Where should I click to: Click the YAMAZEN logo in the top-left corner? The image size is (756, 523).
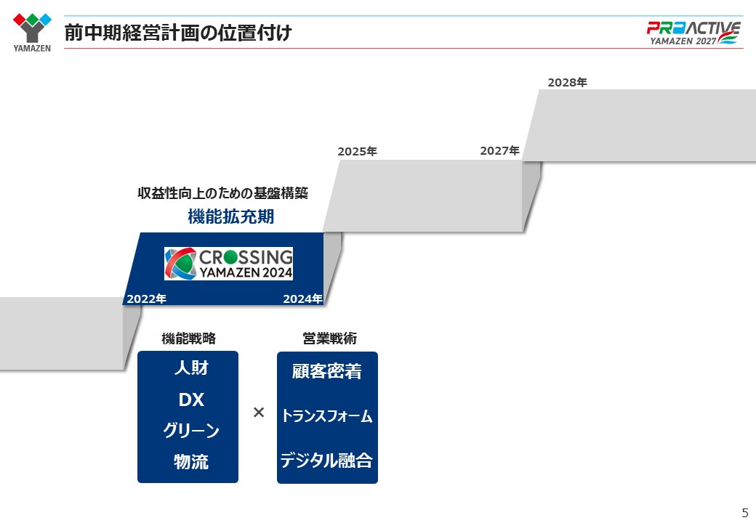(32, 32)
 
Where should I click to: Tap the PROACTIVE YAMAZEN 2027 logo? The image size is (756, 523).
(693, 33)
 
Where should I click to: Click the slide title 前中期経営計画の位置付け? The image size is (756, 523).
(178, 33)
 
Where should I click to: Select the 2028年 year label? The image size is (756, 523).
(567, 82)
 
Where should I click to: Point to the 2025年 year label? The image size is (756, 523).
(357, 151)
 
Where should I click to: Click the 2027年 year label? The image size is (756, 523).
(499, 151)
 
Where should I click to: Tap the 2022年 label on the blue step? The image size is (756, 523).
(147, 299)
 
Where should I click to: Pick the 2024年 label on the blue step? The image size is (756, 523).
(302, 299)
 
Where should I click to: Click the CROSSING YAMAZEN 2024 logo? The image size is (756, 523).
(228, 264)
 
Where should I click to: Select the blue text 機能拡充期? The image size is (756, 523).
(231, 216)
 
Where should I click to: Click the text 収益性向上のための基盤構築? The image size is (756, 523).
(222, 193)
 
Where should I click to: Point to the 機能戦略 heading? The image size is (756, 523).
(188, 338)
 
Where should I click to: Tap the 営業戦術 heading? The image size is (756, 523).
(330, 338)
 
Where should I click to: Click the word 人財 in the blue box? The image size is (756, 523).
(191, 368)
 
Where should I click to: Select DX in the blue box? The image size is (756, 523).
(191, 400)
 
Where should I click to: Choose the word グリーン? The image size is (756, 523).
(191, 430)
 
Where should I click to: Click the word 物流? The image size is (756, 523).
(191, 462)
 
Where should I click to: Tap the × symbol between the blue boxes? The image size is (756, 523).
(259, 413)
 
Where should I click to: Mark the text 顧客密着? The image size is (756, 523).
(327, 371)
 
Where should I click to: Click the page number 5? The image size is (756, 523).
(745, 512)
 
